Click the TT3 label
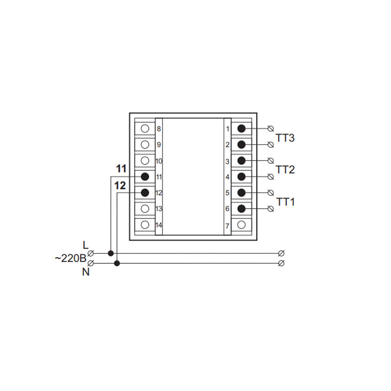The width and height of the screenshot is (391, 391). pyautogui.click(x=285, y=138)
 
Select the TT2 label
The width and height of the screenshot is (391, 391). pyautogui.click(x=285, y=170)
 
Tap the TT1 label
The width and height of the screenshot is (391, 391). pyautogui.click(x=285, y=202)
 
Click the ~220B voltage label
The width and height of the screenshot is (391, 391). pyautogui.click(x=70, y=258)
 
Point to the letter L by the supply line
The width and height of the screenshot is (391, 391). pyautogui.click(x=86, y=246)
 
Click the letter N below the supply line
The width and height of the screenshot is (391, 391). pyautogui.click(x=86, y=272)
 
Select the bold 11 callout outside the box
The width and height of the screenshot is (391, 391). pyautogui.click(x=121, y=169)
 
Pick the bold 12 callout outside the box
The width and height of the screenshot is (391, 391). pyautogui.click(x=120, y=186)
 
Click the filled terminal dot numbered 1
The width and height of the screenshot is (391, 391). pyautogui.click(x=241, y=129)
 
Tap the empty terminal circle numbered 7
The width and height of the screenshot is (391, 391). pyautogui.click(x=241, y=225)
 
